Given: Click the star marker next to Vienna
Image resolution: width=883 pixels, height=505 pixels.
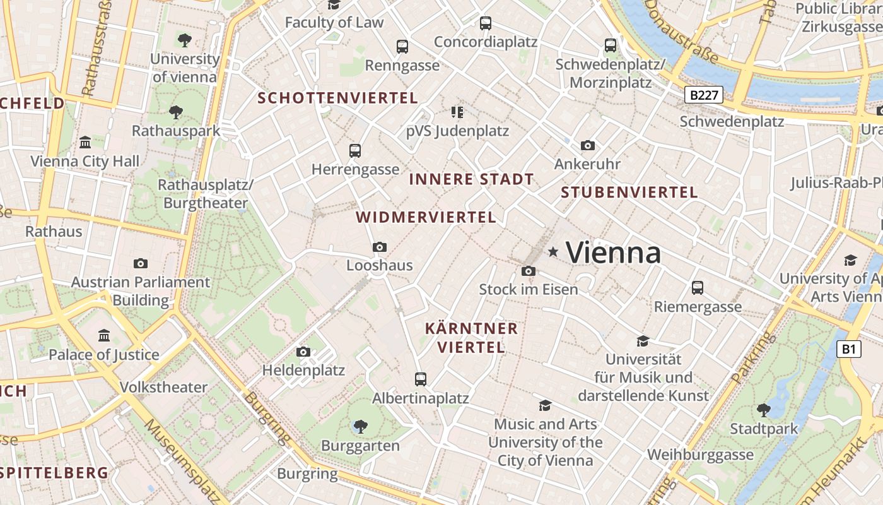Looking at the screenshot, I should pos(553,252).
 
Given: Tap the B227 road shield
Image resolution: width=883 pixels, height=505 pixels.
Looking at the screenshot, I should pos(703,95).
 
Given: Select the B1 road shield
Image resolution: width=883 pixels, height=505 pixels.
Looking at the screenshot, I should pos(849,349).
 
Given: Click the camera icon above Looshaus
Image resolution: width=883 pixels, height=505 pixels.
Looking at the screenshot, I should pos(379,247).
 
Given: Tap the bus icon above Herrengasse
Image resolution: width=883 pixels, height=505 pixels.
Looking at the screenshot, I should pos(355,151).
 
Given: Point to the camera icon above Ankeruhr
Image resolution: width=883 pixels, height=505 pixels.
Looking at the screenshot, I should pos(587,145).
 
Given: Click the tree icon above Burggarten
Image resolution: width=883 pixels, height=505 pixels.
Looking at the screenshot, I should pos(360,427).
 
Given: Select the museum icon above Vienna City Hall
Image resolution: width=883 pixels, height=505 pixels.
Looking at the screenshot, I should pos(85,142).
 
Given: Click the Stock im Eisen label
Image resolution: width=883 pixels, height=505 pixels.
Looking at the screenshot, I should pos(529,289).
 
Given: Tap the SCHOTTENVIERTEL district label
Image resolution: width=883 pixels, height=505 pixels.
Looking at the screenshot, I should pos(337,98).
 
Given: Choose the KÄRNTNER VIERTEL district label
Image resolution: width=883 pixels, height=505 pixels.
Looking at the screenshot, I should pos(471,338).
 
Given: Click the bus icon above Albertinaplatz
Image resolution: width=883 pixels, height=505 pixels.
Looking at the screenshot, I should pos(421,379).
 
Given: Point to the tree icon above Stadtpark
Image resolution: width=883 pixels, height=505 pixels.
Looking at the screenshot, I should pos(763,410).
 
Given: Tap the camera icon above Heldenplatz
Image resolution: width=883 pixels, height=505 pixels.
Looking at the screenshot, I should pos(303,352).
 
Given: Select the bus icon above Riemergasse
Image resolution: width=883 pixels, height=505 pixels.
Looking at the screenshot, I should pos(697,287).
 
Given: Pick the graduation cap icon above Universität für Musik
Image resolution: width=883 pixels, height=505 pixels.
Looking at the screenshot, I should pos(643,341).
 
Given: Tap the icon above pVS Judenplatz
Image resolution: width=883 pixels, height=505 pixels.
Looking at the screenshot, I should pos(457,112).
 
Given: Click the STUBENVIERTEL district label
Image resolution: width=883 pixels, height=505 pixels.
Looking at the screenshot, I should pos(629,193).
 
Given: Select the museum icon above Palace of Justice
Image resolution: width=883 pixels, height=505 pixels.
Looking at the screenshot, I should pos(104,335).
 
